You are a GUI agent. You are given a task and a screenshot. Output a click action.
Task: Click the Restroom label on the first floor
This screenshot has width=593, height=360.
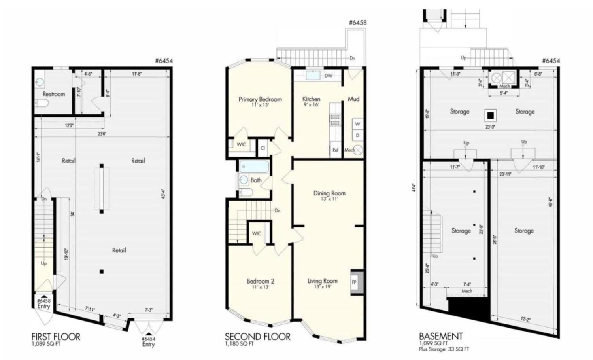(x=53, y=94)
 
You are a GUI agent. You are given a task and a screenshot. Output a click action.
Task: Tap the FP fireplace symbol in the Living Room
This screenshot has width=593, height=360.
(x=354, y=282)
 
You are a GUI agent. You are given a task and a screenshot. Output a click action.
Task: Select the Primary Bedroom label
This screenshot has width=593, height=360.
(x=260, y=99)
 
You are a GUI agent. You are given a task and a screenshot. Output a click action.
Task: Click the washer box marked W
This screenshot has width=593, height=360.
(x=357, y=124)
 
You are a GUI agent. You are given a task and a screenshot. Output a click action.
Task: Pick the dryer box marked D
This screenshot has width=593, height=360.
(x=357, y=136)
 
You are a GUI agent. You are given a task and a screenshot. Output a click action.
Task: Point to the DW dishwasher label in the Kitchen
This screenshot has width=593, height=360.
(x=328, y=76)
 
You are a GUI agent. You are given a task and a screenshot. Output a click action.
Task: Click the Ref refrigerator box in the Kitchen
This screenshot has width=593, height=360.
(x=335, y=150)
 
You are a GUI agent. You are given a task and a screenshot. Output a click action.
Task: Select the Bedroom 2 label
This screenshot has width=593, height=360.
(x=260, y=281)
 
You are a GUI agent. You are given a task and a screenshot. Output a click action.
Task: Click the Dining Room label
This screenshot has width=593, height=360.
(x=329, y=193)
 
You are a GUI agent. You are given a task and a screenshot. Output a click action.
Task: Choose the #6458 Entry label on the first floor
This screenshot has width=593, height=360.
(x=43, y=303)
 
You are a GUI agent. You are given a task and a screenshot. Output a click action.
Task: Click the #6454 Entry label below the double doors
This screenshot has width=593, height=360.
(x=148, y=341)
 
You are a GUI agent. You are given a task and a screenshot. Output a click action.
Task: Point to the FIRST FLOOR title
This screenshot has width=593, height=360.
(x=56, y=337)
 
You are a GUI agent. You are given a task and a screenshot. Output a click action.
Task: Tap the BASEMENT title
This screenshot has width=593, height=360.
(x=440, y=336)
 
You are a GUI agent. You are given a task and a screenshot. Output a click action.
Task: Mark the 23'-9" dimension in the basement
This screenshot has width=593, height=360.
(x=491, y=127)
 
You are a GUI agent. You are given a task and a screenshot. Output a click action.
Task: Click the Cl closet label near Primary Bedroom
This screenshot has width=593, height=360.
(x=263, y=148)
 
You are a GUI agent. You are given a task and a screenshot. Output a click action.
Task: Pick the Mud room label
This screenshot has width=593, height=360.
(x=353, y=99)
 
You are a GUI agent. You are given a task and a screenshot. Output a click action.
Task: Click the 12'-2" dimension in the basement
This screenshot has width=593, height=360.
(x=525, y=319)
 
